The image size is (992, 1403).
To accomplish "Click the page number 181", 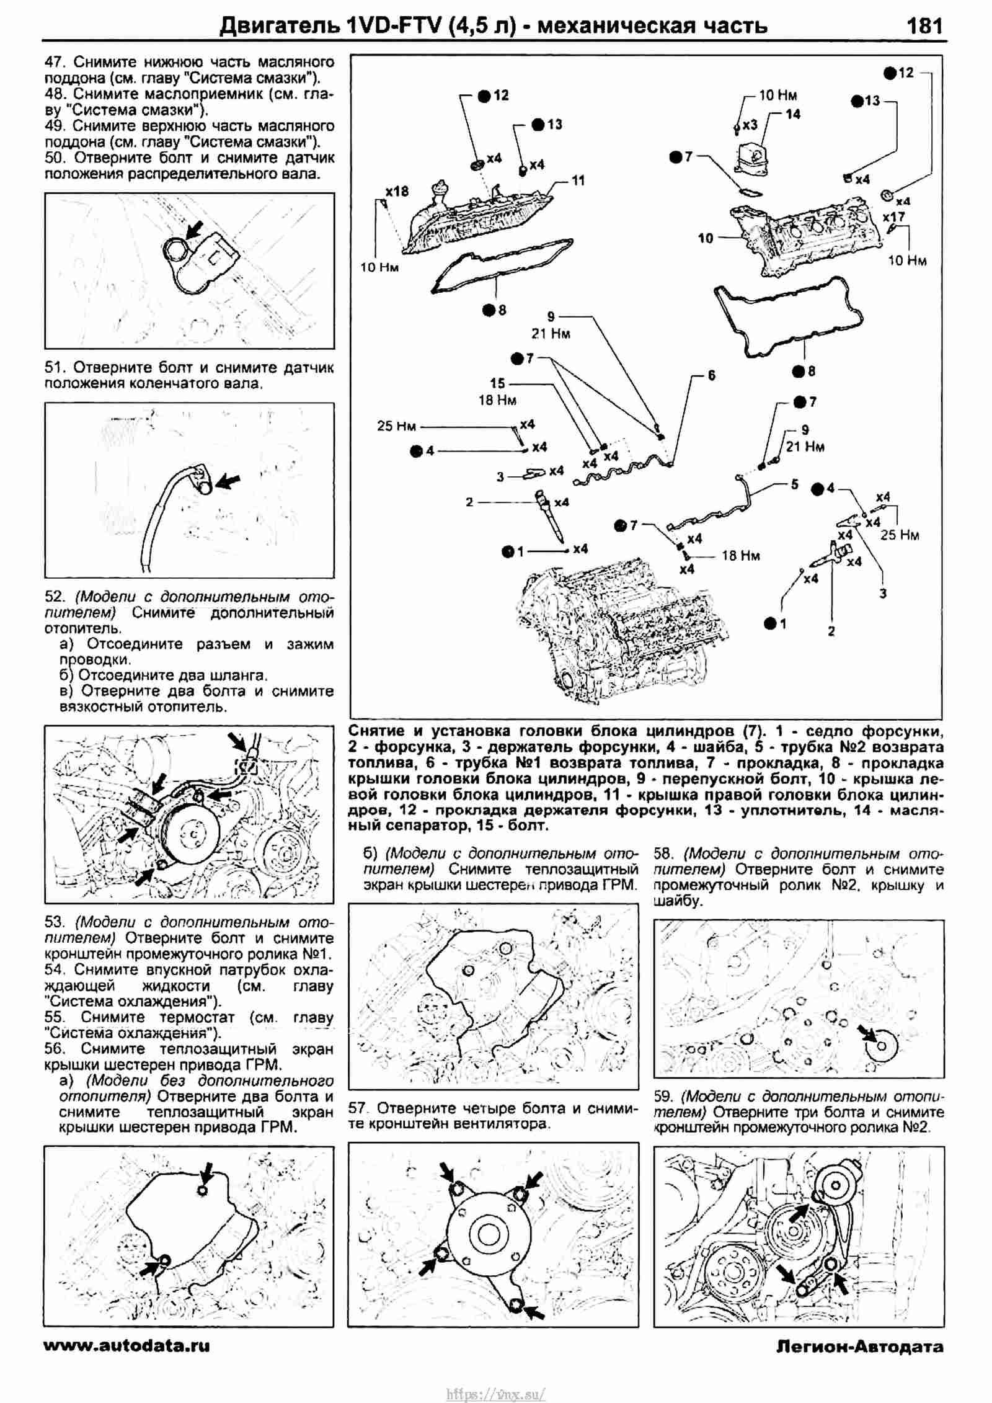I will click(x=924, y=26).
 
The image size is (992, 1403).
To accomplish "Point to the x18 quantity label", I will click(x=397, y=192).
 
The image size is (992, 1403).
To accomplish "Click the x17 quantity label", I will click(x=893, y=216).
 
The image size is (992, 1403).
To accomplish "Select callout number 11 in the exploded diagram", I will click(x=578, y=180).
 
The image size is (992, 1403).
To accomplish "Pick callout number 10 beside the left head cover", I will click(x=706, y=238).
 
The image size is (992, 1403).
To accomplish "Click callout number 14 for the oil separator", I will click(x=792, y=114).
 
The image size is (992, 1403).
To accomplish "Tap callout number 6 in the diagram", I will click(x=712, y=375).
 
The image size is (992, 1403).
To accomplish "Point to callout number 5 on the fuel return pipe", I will click(x=795, y=484).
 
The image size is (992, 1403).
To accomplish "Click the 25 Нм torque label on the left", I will click(x=396, y=427).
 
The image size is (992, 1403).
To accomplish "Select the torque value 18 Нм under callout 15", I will click(x=497, y=400).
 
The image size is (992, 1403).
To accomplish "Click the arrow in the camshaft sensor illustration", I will click(x=194, y=231).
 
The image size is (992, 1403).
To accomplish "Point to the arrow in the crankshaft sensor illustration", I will click(x=227, y=481).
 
